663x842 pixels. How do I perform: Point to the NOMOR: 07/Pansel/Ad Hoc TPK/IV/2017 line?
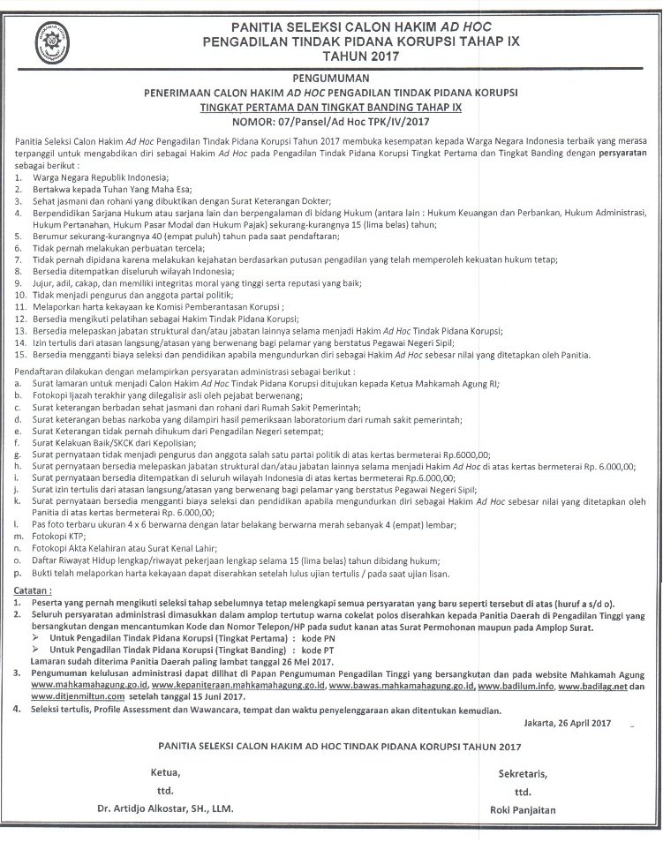[x=331, y=123]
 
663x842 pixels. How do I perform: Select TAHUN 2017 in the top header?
[x=331, y=56]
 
